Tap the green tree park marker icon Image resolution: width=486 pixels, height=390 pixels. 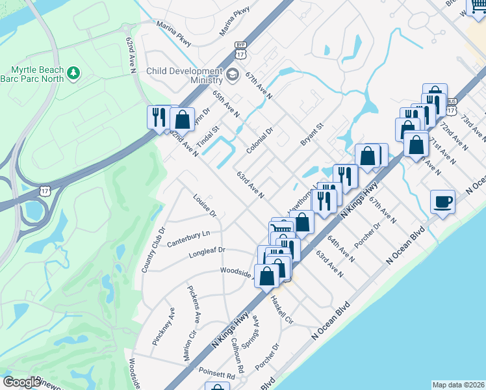click(75, 71)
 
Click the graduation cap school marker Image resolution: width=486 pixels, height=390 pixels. click(232, 76)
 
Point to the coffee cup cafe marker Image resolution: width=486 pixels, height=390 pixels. click(442, 201)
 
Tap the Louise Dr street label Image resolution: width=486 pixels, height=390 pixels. click(205, 205)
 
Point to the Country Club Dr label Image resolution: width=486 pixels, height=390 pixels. click(154, 250)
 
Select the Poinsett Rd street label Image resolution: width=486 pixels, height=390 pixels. click(217, 375)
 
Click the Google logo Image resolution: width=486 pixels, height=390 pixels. click(21, 382)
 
